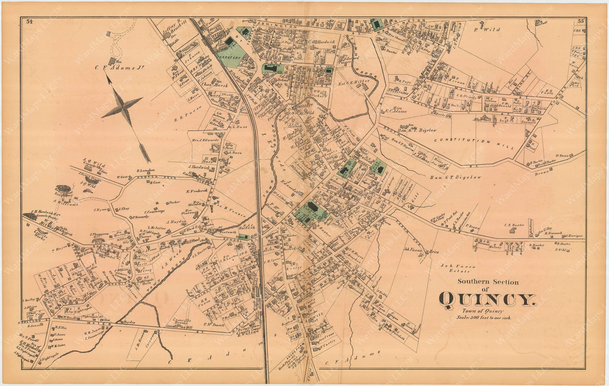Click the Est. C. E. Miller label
point(354,82)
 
